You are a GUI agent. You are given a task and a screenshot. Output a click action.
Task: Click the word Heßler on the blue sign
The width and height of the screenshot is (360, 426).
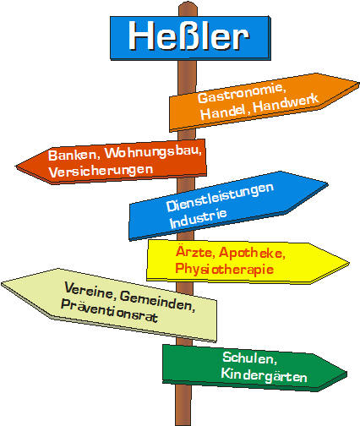[x=188, y=36]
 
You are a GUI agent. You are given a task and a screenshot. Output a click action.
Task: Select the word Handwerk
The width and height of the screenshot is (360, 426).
[x=286, y=103]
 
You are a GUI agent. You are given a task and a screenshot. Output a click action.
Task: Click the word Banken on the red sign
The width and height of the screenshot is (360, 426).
[x=74, y=155]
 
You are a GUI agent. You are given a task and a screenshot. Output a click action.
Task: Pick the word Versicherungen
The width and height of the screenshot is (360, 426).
[x=101, y=171]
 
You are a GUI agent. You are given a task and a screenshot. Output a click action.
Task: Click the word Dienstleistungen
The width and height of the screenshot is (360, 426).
[x=220, y=197]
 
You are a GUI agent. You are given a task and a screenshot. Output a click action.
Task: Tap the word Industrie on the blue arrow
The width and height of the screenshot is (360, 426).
[x=198, y=219]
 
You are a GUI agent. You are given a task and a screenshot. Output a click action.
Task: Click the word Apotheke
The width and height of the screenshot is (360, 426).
[x=252, y=253]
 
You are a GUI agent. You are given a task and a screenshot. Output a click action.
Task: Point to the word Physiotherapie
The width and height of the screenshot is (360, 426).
[x=224, y=269]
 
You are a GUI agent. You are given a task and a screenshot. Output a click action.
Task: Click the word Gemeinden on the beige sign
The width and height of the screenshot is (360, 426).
[x=157, y=302]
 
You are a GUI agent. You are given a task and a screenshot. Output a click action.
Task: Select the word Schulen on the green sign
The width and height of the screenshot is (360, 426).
[x=250, y=358]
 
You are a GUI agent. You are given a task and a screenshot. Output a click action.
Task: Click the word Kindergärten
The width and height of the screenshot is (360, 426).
[x=264, y=375]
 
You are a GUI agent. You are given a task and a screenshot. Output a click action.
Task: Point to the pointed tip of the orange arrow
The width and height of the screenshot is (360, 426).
[x=359, y=83]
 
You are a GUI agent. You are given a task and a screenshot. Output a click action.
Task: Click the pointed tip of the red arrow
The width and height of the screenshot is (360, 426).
[x=16, y=167]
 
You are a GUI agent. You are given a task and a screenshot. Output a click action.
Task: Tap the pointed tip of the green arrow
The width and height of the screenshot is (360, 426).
[x=346, y=373]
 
